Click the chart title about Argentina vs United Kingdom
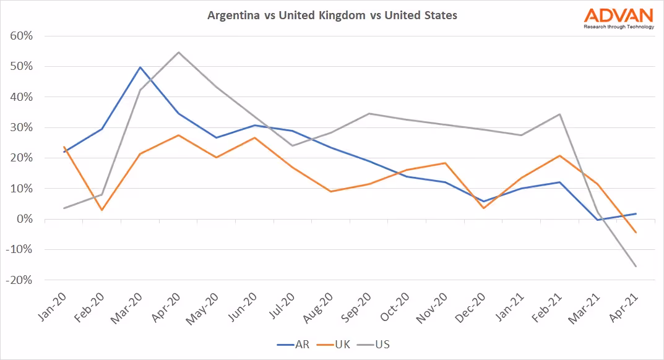[x=332, y=15]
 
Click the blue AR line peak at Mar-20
[x=140, y=67]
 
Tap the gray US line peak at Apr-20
[x=179, y=52]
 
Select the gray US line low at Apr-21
[x=635, y=267]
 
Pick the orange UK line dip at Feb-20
[x=102, y=210]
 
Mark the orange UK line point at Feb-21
[x=559, y=155]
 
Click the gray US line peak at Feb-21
[x=559, y=114]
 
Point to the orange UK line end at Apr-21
[x=635, y=233]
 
